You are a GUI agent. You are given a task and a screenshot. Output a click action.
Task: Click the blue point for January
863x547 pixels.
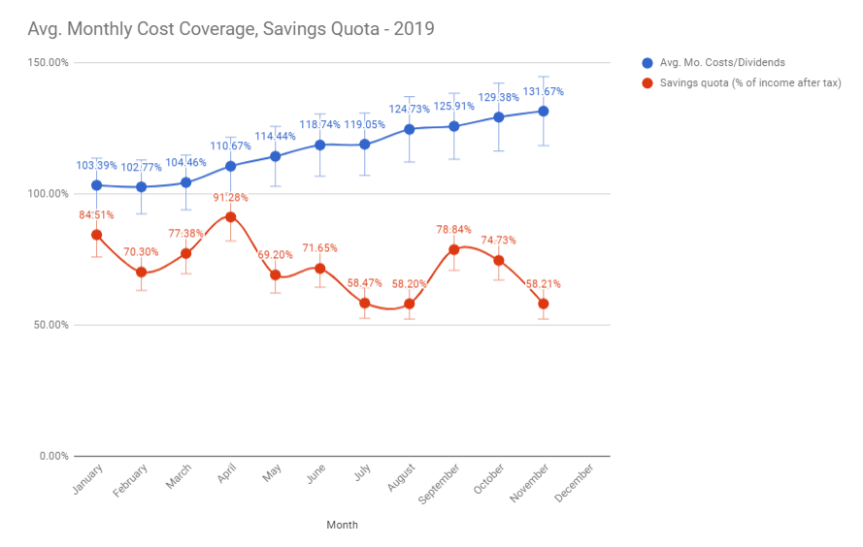click(x=96, y=185)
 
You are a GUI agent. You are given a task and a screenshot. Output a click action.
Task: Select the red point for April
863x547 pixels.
click(x=230, y=216)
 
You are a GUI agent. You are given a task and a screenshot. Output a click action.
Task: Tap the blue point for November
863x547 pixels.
click(x=544, y=111)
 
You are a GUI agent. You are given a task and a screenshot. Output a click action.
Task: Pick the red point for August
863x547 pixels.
click(x=410, y=304)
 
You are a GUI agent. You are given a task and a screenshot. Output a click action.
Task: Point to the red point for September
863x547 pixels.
click(x=453, y=249)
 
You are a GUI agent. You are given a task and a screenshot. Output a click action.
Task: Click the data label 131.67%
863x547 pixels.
click(x=544, y=92)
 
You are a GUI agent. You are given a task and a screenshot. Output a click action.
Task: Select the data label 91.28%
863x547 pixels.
click(x=230, y=198)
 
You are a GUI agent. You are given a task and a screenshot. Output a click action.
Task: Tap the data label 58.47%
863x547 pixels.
click(x=365, y=283)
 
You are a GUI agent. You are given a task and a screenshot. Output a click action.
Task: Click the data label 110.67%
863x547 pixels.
click(x=230, y=146)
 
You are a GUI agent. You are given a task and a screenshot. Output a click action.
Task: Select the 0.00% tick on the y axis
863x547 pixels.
click(x=53, y=456)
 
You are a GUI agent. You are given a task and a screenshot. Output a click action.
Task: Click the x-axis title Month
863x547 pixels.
click(x=342, y=525)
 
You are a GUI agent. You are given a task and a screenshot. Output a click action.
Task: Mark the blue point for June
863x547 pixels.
click(x=319, y=145)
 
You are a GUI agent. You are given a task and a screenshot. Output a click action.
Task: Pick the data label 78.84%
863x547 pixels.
click(x=453, y=231)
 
